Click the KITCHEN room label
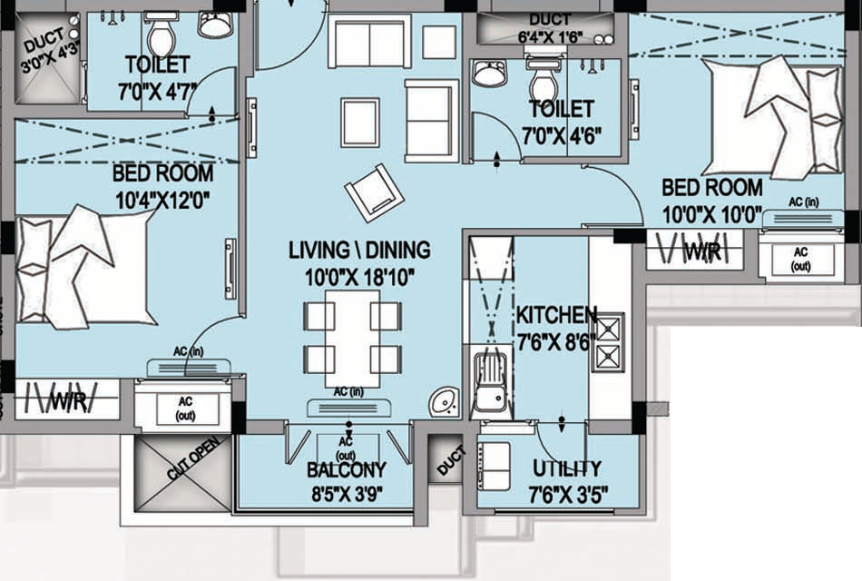(x=556, y=315)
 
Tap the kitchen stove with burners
(x=607, y=342)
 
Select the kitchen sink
(x=490, y=381)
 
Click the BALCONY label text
(x=346, y=470)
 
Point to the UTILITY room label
(x=566, y=468)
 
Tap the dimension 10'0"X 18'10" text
(x=359, y=278)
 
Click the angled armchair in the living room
(x=372, y=191)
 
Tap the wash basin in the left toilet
(x=215, y=25)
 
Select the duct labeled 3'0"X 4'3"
(x=44, y=56)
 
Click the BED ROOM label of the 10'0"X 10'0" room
(x=711, y=188)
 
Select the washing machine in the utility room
(x=495, y=467)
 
